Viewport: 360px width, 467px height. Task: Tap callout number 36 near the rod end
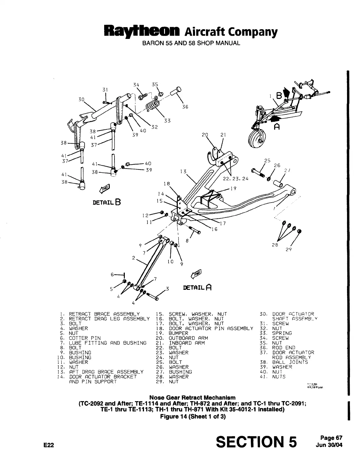point(185,107)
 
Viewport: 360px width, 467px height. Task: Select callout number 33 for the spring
point(167,121)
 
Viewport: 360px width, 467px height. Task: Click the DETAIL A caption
point(197,287)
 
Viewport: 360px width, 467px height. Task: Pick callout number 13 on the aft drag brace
point(183,172)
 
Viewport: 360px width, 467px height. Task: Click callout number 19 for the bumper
point(233,189)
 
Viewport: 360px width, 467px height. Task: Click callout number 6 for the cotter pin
point(112,274)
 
